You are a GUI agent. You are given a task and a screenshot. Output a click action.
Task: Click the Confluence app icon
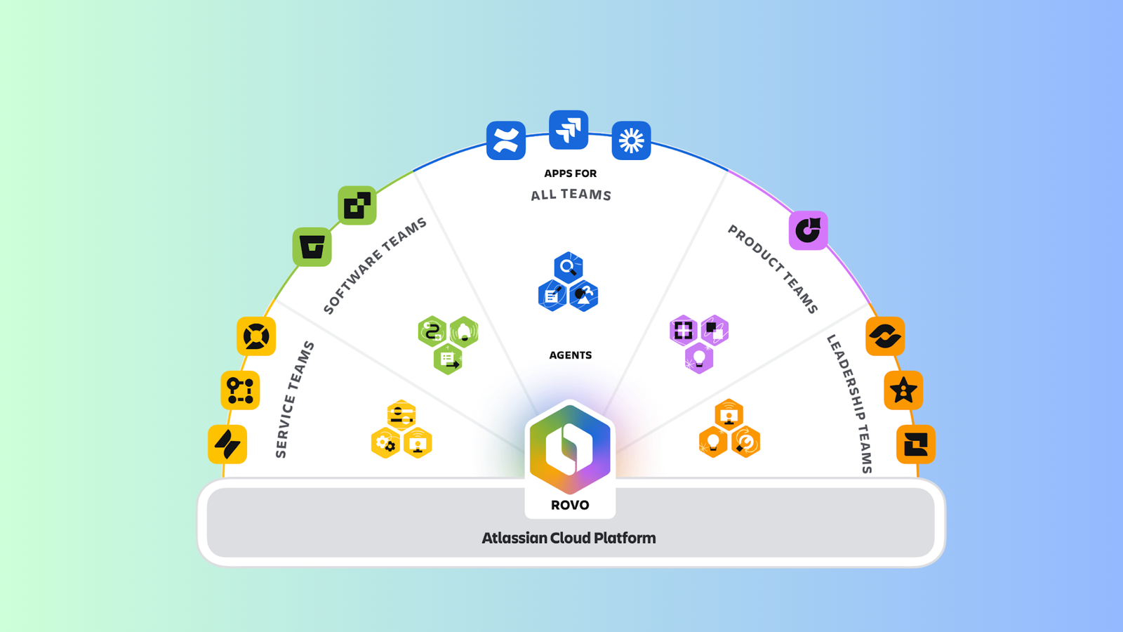(x=505, y=140)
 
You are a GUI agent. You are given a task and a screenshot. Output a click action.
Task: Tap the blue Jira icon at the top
(x=569, y=130)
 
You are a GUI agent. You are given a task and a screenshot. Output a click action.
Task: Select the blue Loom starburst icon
(x=631, y=140)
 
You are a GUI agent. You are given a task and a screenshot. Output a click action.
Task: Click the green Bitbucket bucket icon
(x=312, y=247)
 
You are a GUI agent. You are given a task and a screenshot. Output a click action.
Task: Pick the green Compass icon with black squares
(x=357, y=205)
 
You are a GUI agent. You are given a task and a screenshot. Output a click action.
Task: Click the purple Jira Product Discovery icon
(x=808, y=230)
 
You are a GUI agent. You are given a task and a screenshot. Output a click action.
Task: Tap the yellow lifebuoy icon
(x=256, y=336)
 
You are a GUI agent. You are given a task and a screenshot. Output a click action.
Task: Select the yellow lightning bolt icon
(x=227, y=444)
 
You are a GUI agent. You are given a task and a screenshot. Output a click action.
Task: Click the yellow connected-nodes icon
(x=240, y=390)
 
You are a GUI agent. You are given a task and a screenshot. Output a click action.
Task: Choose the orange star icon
(x=903, y=390)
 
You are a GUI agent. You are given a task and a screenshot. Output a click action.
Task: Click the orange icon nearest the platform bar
(x=915, y=444)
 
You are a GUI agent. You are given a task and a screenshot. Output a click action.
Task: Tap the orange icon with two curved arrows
(x=884, y=336)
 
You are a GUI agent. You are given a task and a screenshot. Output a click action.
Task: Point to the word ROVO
(x=570, y=505)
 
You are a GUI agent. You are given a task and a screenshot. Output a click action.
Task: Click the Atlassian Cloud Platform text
(x=569, y=538)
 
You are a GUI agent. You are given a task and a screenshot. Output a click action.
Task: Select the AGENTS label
(x=570, y=355)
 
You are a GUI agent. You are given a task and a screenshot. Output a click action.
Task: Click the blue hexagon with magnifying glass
(x=568, y=268)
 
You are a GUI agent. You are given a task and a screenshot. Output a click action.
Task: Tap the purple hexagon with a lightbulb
(x=699, y=358)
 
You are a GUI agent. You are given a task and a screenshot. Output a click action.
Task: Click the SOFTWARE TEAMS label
(x=375, y=265)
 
